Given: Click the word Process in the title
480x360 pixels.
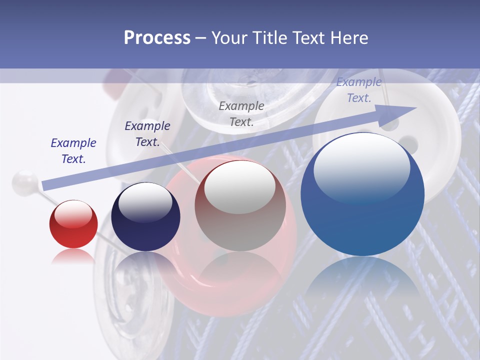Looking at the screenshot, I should click(x=157, y=38).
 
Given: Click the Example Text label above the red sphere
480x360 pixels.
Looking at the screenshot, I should click(x=73, y=151).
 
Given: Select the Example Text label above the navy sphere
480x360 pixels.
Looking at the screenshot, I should click(x=147, y=134).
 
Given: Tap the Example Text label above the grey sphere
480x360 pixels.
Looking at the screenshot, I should click(x=241, y=113).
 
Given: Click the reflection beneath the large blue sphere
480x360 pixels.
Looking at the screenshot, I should click(x=362, y=280).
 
